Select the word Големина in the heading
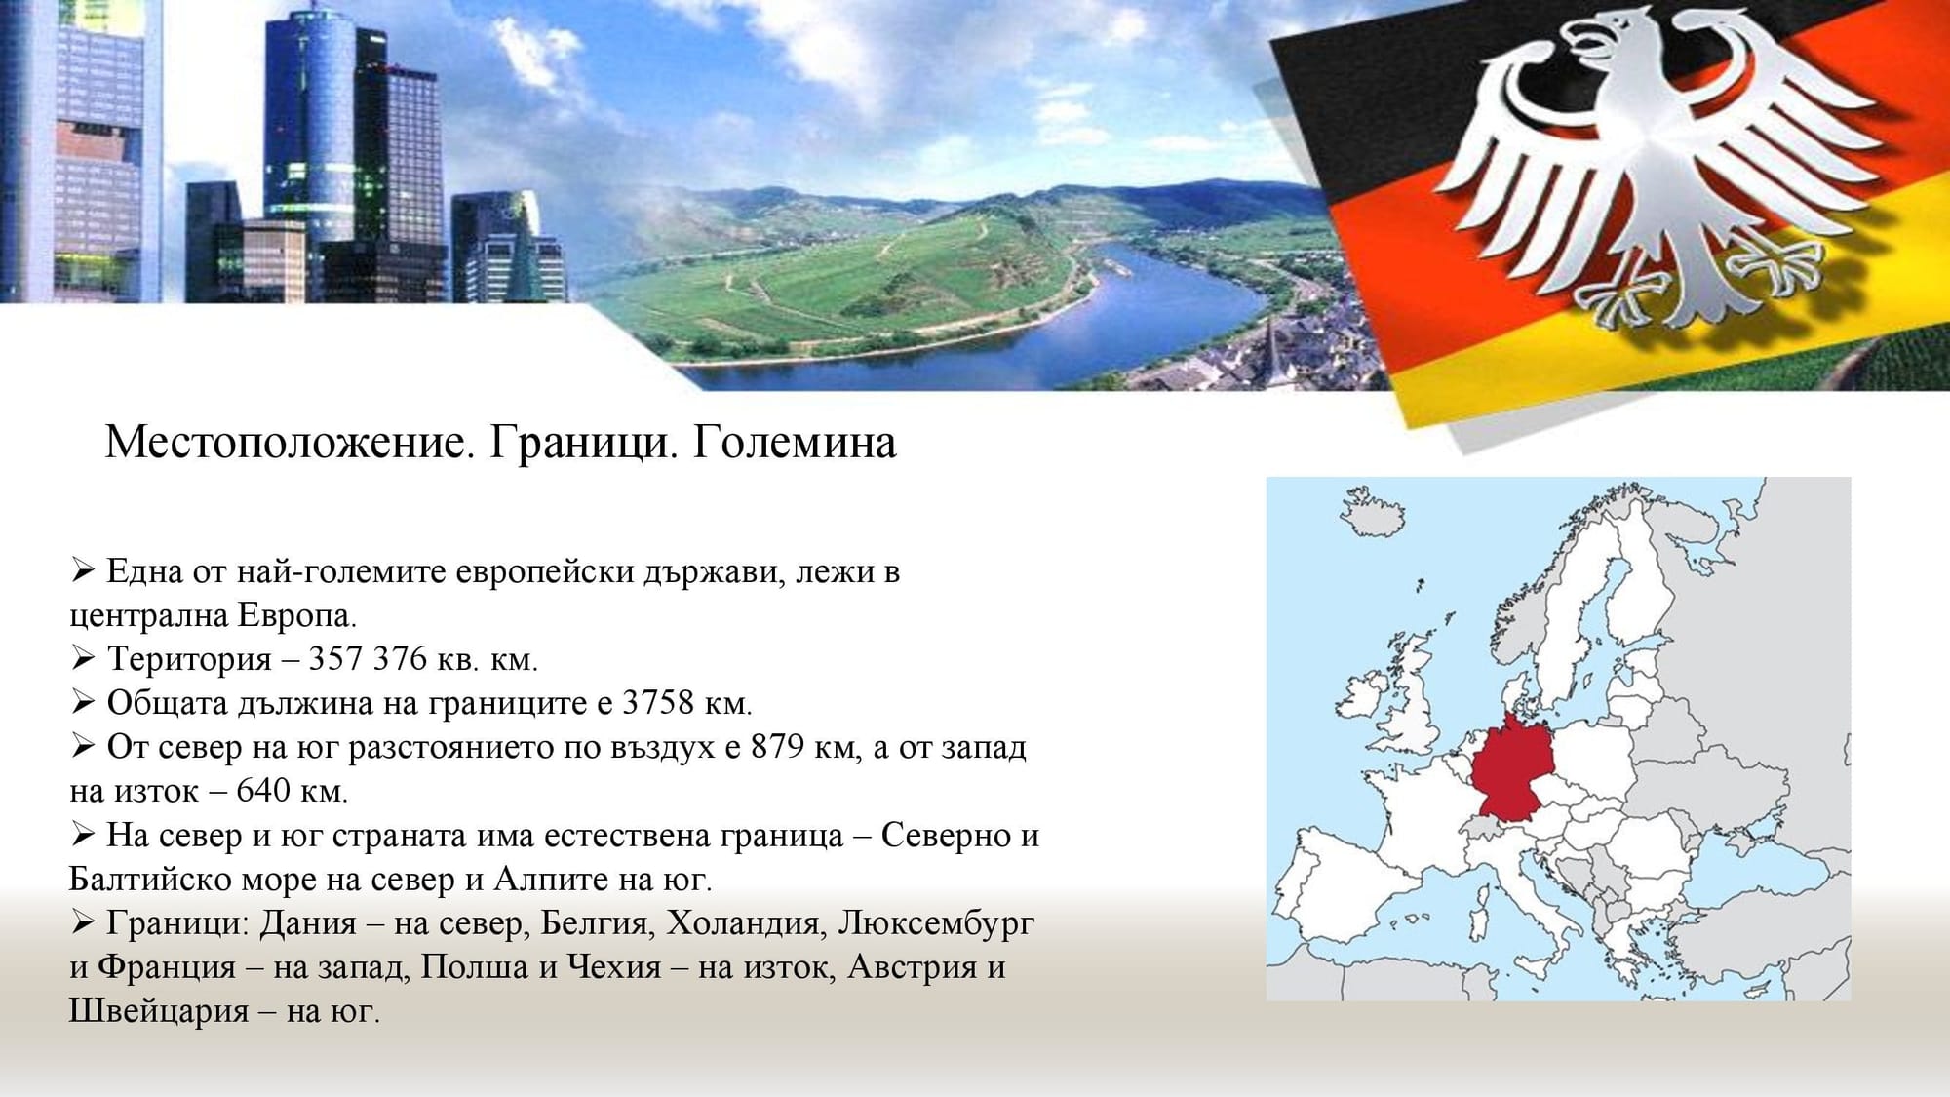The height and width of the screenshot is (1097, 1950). tap(795, 444)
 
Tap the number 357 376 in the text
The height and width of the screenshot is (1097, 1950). tap(368, 659)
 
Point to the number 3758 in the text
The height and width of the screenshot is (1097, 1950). tap(658, 703)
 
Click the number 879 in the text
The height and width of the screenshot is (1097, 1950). tap(777, 747)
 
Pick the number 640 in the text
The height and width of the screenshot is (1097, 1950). tap(262, 790)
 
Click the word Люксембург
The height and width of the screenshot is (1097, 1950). tap(936, 922)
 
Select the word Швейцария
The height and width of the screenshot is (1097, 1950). tap(159, 1011)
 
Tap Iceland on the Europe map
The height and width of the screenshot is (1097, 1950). tap(1373, 513)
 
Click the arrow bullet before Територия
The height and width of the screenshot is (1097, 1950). tap(82, 659)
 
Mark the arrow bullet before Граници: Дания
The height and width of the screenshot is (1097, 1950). tap(82, 922)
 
